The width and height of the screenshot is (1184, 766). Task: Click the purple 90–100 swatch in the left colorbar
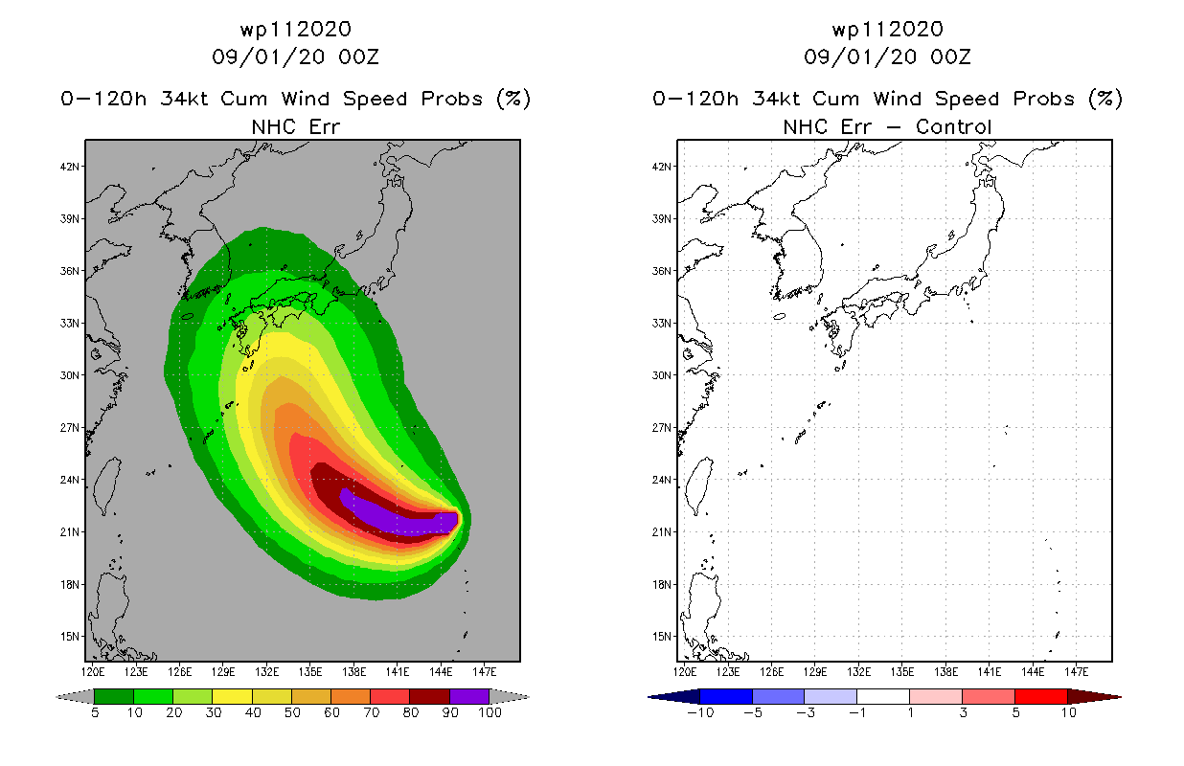[x=469, y=696]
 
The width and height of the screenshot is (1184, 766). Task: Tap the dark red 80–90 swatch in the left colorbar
[x=430, y=696]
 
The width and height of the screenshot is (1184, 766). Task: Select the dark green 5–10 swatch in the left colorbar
[x=114, y=696]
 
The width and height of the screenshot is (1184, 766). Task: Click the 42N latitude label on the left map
[x=69, y=167]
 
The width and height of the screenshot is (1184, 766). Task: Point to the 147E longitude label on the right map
[x=1076, y=672]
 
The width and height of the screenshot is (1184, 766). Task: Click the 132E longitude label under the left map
[x=266, y=672]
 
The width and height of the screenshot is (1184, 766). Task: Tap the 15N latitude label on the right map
[x=661, y=637]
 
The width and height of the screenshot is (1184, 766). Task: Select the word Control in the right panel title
[x=953, y=126]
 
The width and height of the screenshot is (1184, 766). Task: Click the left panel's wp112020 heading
[x=295, y=29]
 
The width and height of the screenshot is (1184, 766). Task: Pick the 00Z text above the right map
[x=950, y=56]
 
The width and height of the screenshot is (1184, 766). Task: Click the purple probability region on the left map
[x=396, y=513]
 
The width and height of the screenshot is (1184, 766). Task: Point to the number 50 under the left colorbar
[x=292, y=712]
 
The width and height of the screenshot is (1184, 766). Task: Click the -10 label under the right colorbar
[x=700, y=712]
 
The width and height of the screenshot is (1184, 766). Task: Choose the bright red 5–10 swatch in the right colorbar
[x=1040, y=696]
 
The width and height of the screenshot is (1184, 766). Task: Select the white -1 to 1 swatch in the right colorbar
[x=883, y=696]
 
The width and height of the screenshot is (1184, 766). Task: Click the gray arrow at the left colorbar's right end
[x=510, y=696]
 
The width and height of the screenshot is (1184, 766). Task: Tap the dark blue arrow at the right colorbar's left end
[x=673, y=696]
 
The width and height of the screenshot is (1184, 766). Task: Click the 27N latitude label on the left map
[x=69, y=428]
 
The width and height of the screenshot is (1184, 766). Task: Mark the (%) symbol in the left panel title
[x=513, y=99]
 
